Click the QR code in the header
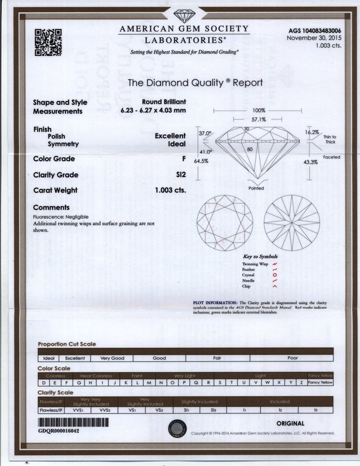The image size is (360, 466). pyautogui.click(x=48, y=42)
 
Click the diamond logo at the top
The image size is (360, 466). pyautogui.click(x=183, y=15)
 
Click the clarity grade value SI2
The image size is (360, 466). pyautogui.click(x=180, y=175)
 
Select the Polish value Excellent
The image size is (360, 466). pyautogui.click(x=170, y=136)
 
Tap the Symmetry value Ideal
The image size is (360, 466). pyautogui.click(x=177, y=144)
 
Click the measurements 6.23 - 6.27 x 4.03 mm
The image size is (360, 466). pyautogui.click(x=153, y=111)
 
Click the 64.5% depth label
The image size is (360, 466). pyautogui.click(x=201, y=161)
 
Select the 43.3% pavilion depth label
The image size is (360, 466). pyautogui.click(x=311, y=162)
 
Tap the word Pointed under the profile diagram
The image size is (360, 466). pyautogui.click(x=257, y=188)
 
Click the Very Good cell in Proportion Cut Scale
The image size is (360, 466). pyautogui.click(x=112, y=358)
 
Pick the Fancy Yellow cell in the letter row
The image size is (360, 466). pyautogui.click(x=319, y=382)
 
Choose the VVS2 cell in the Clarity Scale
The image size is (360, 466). pyautogui.click(x=104, y=410)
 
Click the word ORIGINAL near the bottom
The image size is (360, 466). pyautogui.click(x=290, y=423)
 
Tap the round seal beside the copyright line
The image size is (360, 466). pyautogui.click(x=177, y=429)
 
